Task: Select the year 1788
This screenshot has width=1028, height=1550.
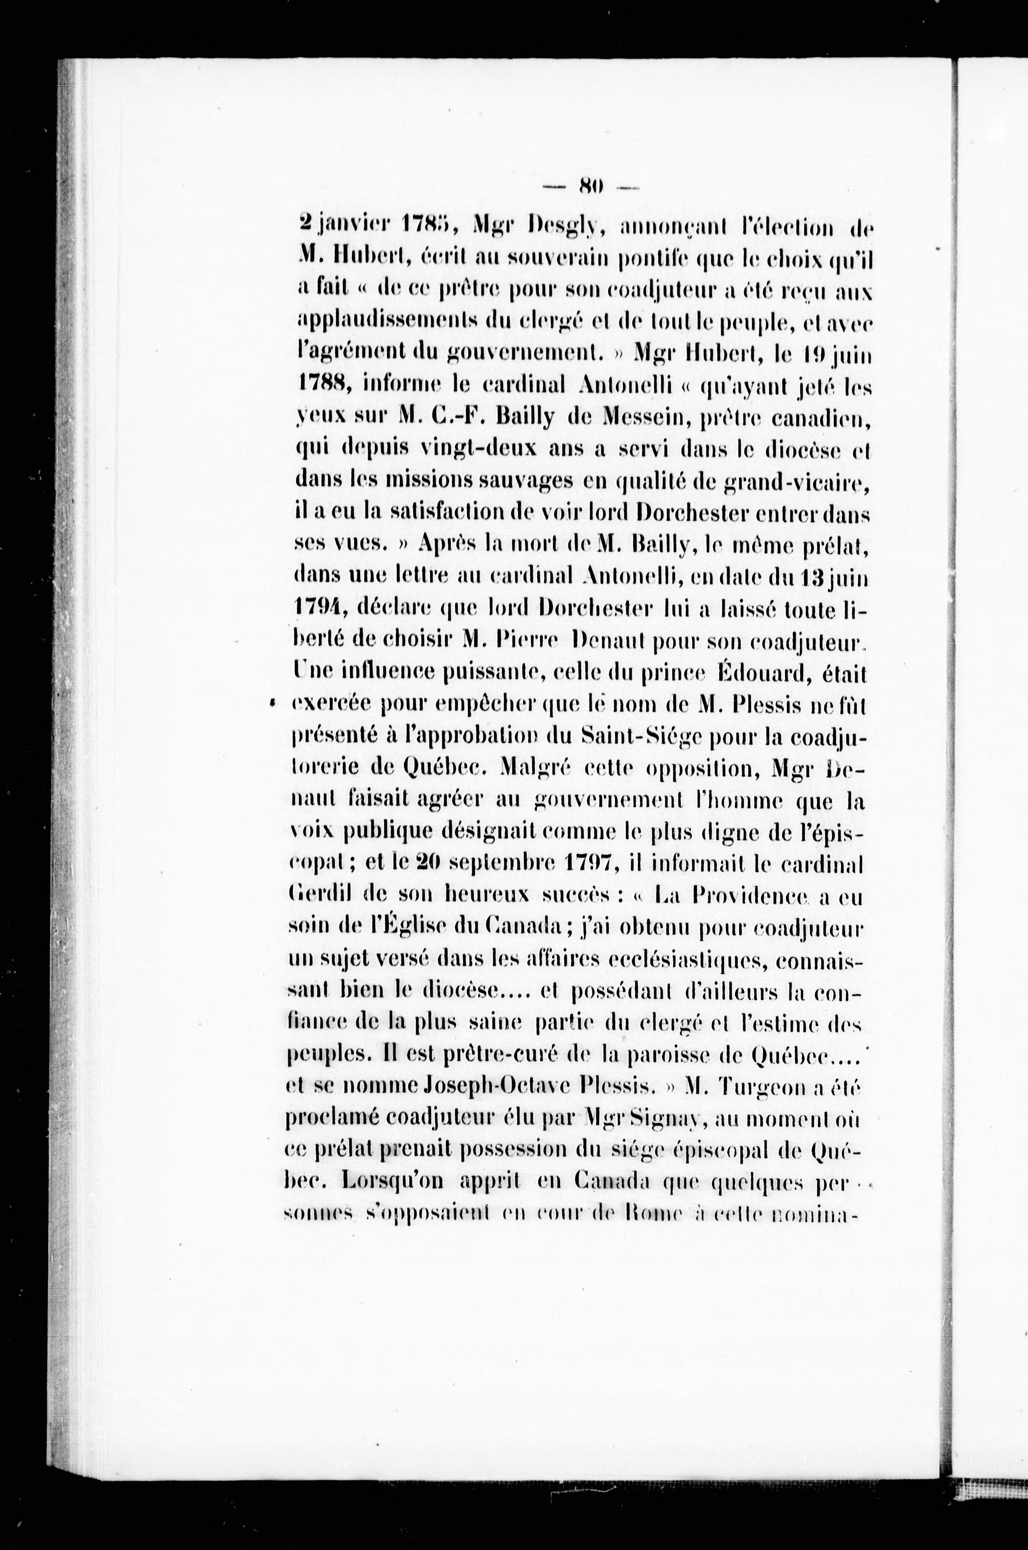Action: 323,385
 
